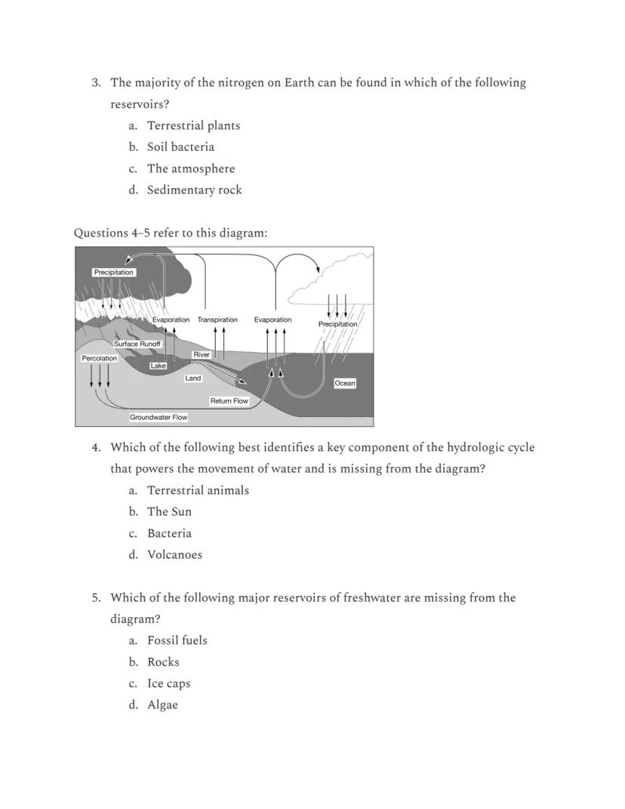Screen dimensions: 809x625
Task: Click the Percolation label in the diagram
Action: pyautogui.click(x=100, y=358)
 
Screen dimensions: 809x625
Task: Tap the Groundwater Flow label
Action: pyautogui.click(x=159, y=417)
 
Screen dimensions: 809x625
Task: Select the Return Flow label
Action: pyautogui.click(x=229, y=401)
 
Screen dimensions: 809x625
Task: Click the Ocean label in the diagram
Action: pyautogui.click(x=345, y=383)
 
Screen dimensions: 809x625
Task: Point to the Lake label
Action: pyautogui.click(x=158, y=366)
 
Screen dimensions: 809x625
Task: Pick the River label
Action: pyautogui.click(x=202, y=354)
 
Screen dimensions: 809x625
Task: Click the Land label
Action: pyautogui.click(x=193, y=378)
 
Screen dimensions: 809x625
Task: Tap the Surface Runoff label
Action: pyautogui.click(x=137, y=344)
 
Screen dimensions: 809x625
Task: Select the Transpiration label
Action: pyautogui.click(x=217, y=320)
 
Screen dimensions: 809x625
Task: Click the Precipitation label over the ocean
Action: pyautogui.click(x=337, y=324)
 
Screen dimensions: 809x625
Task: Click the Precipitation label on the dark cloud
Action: pyautogui.click(x=114, y=272)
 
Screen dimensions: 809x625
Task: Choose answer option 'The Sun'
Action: pyautogui.click(x=169, y=511)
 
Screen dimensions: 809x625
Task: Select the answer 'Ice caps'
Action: pyautogui.click(x=168, y=684)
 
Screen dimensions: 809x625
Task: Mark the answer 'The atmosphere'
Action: pyautogui.click(x=191, y=168)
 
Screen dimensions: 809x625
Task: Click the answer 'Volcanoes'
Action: pyautogui.click(x=174, y=554)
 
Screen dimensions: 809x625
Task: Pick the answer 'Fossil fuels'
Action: pyautogui.click(x=177, y=641)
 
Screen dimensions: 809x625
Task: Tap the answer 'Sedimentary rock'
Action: pyautogui.click(x=194, y=190)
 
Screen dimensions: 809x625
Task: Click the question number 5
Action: pyautogui.click(x=97, y=597)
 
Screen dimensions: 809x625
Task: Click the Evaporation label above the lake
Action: pyautogui.click(x=171, y=320)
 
